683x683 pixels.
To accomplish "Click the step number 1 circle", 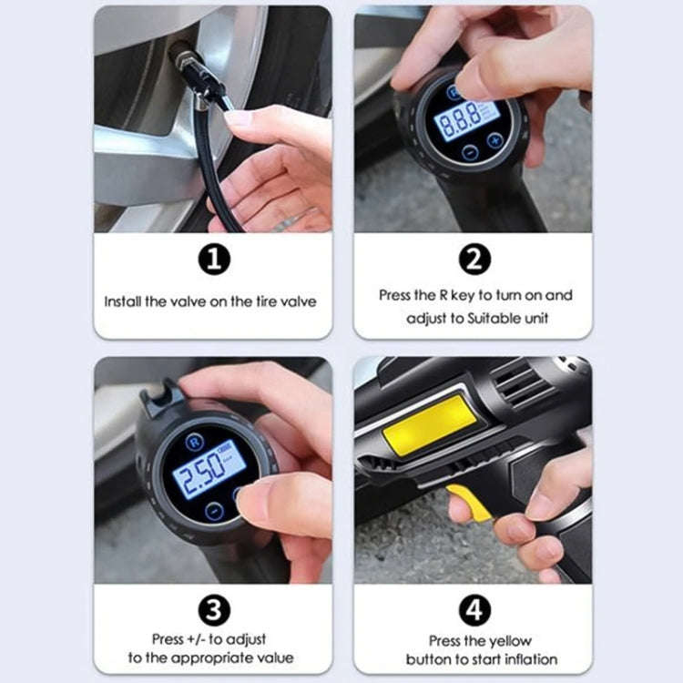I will [213, 260].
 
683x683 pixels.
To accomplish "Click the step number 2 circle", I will [474, 260].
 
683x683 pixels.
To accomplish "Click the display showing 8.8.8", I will [466, 118].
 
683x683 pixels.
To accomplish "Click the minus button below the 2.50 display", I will [212, 511].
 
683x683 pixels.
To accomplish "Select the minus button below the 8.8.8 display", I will [469, 152].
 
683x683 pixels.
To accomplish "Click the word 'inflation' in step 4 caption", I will [529, 658].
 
